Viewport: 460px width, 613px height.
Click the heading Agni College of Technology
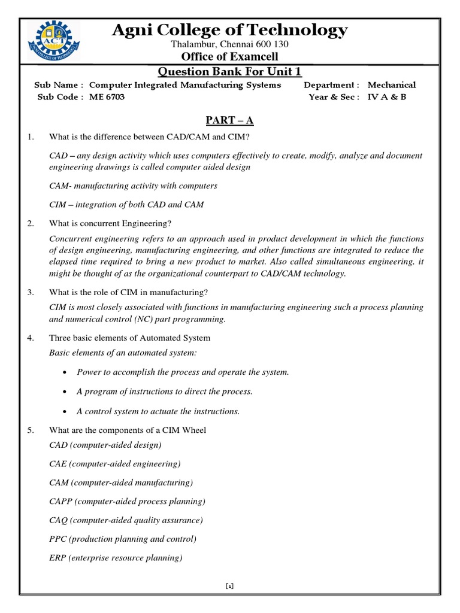pyautogui.click(x=229, y=30)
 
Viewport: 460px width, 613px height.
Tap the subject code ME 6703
pyautogui.click(x=107, y=97)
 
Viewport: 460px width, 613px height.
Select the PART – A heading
pyautogui.click(x=229, y=121)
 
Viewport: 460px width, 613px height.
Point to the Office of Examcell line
pyautogui.click(x=229, y=57)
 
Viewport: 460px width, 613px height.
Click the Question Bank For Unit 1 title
pyautogui.click(x=229, y=72)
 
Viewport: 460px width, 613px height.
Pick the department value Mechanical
pyautogui.click(x=391, y=85)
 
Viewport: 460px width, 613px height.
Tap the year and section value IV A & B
pyautogui.click(x=386, y=97)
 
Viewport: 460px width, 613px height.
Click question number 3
pyautogui.click(x=31, y=292)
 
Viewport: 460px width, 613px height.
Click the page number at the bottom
pyautogui.click(x=229, y=586)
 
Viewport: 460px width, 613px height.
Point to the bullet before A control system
pyautogui.click(x=64, y=411)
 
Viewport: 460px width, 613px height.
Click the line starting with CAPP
pyautogui.click(x=127, y=501)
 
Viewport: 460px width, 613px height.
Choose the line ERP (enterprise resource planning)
pyautogui.click(x=116, y=557)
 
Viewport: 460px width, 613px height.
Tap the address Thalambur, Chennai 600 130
pyautogui.click(x=229, y=45)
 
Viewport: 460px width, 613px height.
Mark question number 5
pyautogui.click(x=31, y=430)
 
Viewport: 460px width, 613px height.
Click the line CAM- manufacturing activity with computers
pyautogui.click(x=133, y=186)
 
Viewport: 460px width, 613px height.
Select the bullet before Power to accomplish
pyautogui.click(x=64, y=372)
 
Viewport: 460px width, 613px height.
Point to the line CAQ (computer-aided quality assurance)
pyautogui.click(x=126, y=520)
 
